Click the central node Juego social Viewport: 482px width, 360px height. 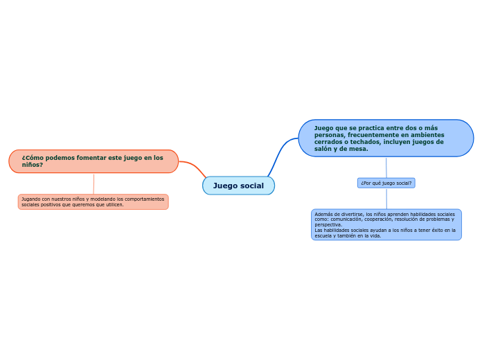(238, 186)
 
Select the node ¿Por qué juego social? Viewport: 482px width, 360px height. (386, 183)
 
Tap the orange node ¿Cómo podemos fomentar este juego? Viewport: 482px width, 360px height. (93, 161)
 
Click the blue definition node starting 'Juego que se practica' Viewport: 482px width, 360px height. (386, 138)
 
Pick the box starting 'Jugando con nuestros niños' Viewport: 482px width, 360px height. (93, 201)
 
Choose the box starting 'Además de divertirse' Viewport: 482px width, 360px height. (386, 224)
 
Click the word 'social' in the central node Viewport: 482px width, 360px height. (252, 186)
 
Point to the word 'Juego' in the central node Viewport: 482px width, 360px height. (225, 186)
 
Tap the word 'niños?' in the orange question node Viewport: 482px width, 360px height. (32, 165)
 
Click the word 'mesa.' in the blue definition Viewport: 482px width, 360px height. (358, 149)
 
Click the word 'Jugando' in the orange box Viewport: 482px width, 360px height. (30, 199)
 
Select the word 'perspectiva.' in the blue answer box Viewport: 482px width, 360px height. (328, 225)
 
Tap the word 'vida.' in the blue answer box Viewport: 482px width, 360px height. (375, 235)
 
